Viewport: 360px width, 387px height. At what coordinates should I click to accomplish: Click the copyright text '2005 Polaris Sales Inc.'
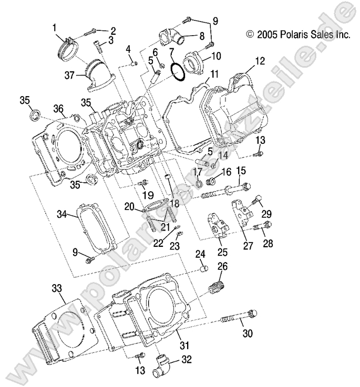coord(298,35)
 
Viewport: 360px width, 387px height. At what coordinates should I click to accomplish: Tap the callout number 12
coord(259,60)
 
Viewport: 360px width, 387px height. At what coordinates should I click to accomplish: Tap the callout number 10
coord(216,56)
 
